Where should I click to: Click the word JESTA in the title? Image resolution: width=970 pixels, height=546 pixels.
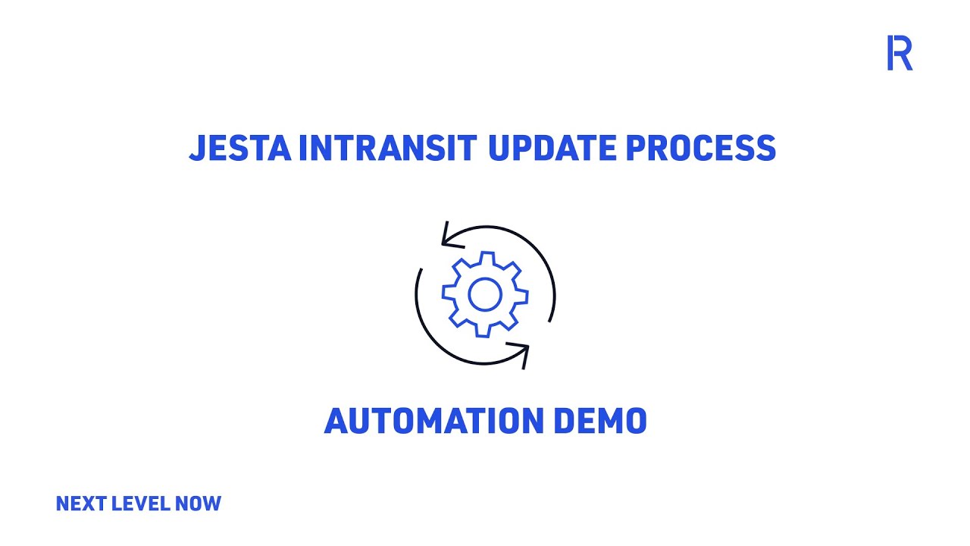pos(239,148)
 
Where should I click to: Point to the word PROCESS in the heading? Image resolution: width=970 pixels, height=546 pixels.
pos(701,148)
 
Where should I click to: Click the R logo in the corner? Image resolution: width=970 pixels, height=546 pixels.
pos(900,53)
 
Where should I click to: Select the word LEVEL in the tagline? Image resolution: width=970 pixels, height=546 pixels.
pos(141,504)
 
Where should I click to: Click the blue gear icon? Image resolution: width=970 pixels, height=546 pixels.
pos(485,294)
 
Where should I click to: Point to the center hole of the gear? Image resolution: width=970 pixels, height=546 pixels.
pos(485,295)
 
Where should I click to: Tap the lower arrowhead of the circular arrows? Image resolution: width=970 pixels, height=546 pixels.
pos(521,353)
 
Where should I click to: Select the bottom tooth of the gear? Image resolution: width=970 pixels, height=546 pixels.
pos(485,331)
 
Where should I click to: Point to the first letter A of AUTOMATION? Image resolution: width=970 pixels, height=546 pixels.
pos(338,421)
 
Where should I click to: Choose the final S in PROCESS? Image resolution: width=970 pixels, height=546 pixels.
pos(765,148)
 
